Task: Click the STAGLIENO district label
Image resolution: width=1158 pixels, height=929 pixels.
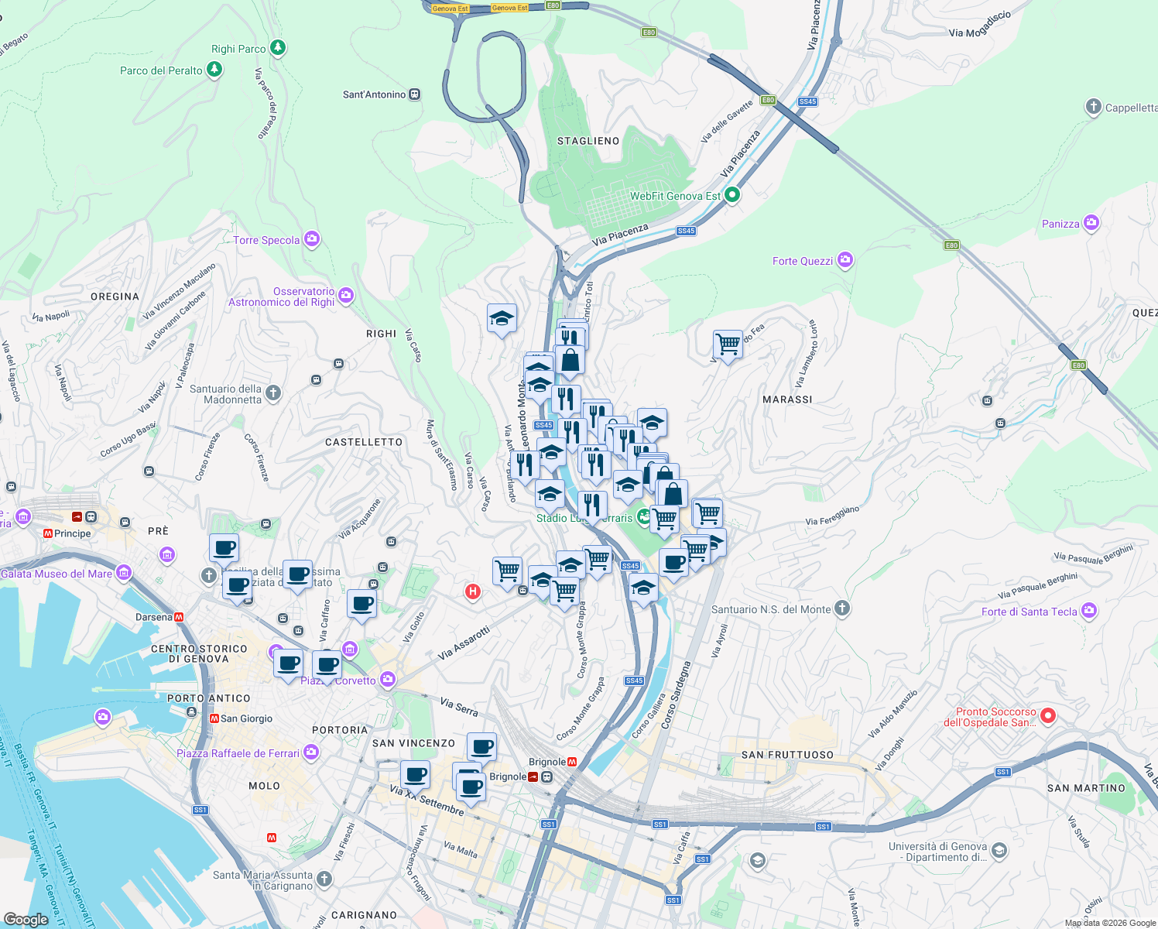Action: tap(588, 141)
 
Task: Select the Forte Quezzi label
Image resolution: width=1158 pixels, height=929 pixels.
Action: tap(803, 261)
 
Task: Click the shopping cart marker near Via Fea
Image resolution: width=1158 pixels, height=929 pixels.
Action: tap(728, 344)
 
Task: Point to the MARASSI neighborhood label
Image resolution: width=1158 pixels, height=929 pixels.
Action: tap(787, 399)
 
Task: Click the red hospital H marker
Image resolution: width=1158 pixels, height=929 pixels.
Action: tap(472, 592)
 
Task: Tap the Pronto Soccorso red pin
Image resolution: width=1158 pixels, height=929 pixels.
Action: tap(1048, 715)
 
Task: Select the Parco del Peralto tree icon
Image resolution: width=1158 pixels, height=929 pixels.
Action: tap(214, 70)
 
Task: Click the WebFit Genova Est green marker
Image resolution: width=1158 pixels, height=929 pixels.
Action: tap(732, 195)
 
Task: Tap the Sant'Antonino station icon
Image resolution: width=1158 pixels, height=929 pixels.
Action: tap(415, 94)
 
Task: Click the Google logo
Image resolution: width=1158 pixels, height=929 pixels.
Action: tap(26, 919)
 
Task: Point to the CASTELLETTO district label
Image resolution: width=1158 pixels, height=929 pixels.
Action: tap(364, 442)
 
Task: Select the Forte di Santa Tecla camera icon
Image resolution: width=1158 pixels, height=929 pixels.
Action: tap(1090, 611)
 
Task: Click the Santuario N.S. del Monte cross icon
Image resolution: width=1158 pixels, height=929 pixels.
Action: tap(843, 609)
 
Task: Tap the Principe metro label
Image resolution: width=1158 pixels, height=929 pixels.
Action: tap(73, 533)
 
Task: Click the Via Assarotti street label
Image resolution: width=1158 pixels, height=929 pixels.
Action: tap(464, 643)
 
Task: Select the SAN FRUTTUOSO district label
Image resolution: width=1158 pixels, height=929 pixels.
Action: tap(787, 755)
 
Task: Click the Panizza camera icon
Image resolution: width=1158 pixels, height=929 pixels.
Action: tap(1091, 224)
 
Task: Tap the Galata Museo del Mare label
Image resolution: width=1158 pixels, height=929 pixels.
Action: tap(57, 574)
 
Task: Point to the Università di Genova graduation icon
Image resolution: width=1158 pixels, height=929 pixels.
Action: tap(999, 852)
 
